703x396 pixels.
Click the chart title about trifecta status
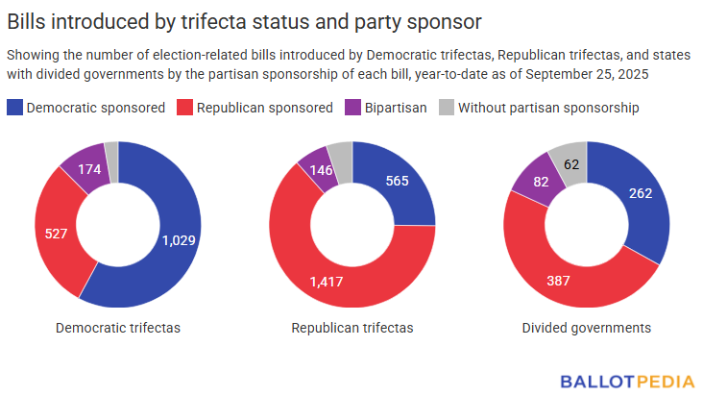[245, 20]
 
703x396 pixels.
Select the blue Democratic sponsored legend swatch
[15, 108]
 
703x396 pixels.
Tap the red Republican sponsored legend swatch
[184, 108]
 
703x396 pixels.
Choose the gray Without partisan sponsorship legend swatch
[447, 108]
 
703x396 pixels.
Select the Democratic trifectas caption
[118, 328]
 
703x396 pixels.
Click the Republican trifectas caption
[352, 328]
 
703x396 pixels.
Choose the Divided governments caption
[586, 328]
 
